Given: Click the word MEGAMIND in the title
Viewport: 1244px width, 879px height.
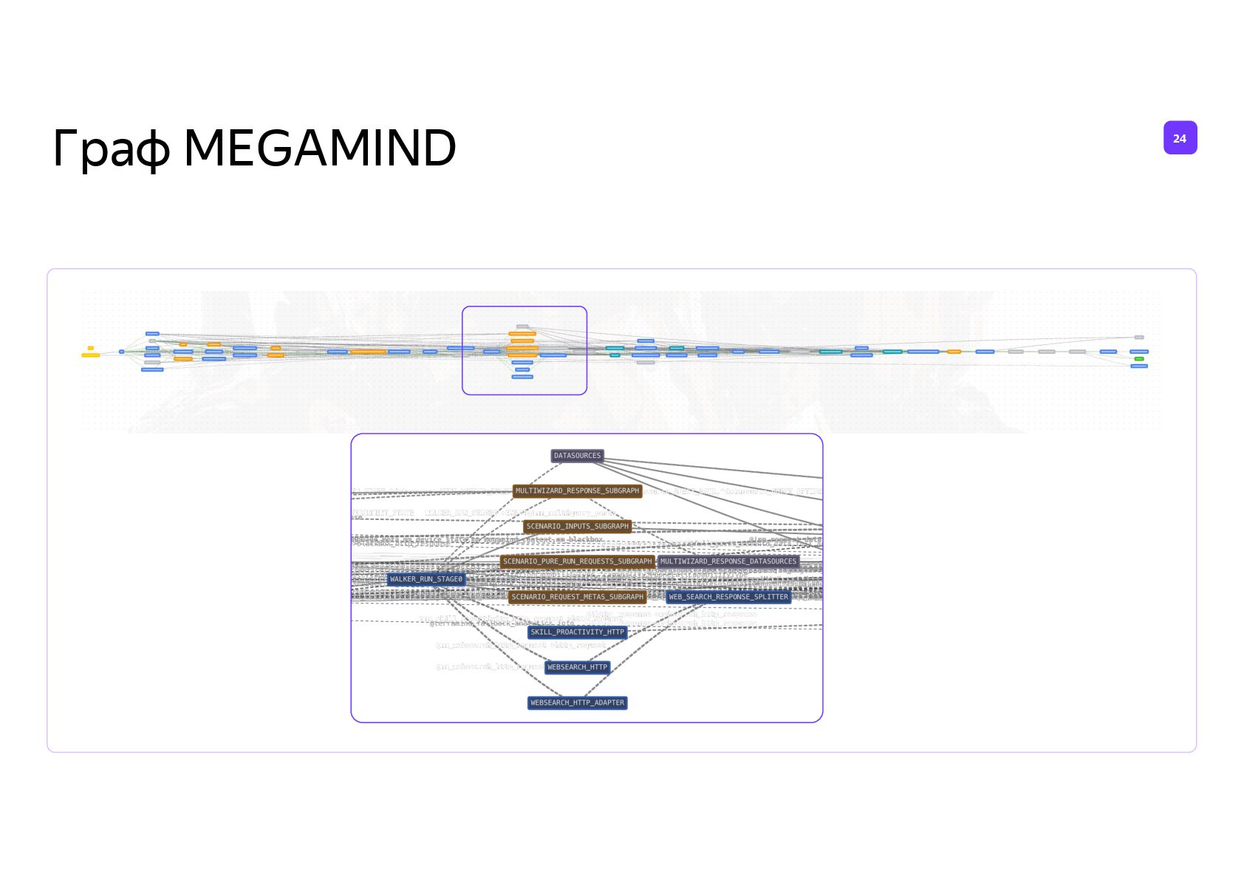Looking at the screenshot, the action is pyautogui.click(x=319, y=148).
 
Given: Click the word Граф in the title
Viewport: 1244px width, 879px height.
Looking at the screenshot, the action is pyautogui.click(x=112, y=149).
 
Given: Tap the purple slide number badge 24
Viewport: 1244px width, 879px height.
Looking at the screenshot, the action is pyautogui.click(x=1180, y=138).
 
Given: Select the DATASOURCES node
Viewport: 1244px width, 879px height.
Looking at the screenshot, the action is pyautogui.click(x=577, y=456).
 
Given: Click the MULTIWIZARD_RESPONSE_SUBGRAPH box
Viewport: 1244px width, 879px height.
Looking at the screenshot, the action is pyautogui.click(x=577, y=491).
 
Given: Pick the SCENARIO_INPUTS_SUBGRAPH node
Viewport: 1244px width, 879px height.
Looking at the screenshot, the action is pyautogui.click(x=577, y=527).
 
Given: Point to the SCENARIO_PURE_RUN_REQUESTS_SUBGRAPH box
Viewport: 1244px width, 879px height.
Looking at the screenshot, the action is pyautogui.click(x=577, y=561).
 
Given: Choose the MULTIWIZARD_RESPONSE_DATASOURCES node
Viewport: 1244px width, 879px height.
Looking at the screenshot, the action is pyautogui.click(x=728, y=561).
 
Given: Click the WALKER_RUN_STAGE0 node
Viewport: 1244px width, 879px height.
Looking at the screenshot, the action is pyautogui.click(x=426, y=579).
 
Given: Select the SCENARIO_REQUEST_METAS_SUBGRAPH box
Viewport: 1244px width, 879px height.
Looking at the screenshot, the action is pyautogui.click(x=577, y=597).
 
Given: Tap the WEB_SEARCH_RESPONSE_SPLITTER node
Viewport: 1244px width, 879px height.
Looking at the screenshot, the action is pyautogui.click(x=728, y=597).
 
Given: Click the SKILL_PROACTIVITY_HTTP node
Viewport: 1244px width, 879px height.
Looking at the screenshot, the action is pyautogui.click(x=577, y=632).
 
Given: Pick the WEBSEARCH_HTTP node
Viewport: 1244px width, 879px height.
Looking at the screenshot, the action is pyautogui.click(x=577, y=667).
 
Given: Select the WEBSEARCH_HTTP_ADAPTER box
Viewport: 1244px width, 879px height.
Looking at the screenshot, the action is pyautogui.click(x=577, y=702).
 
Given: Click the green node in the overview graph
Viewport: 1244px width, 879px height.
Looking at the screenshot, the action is pyautogui.click(x=1139, y=359).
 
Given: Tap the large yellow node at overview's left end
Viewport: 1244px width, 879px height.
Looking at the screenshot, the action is pyautogui.click(x=90, y=355).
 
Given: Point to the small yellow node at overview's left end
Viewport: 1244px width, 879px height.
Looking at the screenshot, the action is pyautogui.click(x=91, y=348).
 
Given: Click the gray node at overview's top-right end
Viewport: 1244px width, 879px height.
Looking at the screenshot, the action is pyautogui.click(x=1139, y=338).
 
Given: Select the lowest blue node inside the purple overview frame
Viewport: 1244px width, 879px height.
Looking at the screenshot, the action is pyautogui.click(x=522, y=377).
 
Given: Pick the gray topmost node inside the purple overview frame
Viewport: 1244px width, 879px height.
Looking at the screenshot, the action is pyautogui.click(x=522, y=326).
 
